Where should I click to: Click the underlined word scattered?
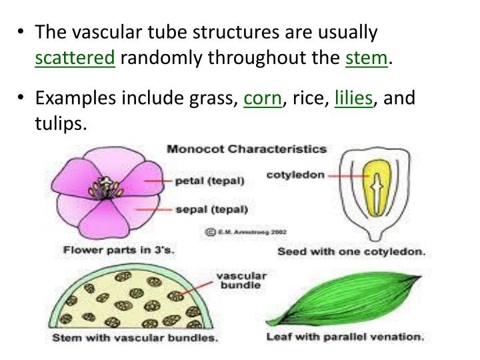pos(75,58)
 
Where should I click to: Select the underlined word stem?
pos(366,58)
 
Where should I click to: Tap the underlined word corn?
pos(262,99)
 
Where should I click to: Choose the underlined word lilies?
pos(353,99)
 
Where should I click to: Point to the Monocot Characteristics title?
pos(246,149)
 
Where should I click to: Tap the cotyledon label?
pos(295,175)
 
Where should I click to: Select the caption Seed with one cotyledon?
pos(351,253)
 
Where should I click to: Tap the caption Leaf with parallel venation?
pos(345,337)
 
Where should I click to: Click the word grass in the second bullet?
pos(215,99)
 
